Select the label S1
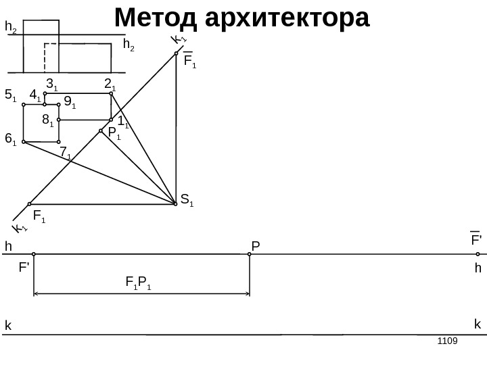pyautogui.click(x=187, y=200)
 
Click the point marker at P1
pyautogui.click(x=101, y=130)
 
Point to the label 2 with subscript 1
pyautogui.click(x=110, y=84)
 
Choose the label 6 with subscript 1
pyautogui.click(x=10, y=139)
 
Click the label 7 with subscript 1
pyautogui.click(x=65, y=154)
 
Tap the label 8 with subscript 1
pyautogui.click(x=47, y=121)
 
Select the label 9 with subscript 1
pyautogui.click(x=69, y=103)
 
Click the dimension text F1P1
pyautogui.click(x=139, y=283)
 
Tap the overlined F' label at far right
pyautogui.click(x=476, y=240)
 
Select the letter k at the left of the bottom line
pyautogui.click(x=9, y=326)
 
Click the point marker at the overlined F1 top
pyautogui.click(x=176, y=53)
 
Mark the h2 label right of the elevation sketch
pyautogui.click(x=129, y=45)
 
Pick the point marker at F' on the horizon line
pyautogui.click(x=33, y=255)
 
